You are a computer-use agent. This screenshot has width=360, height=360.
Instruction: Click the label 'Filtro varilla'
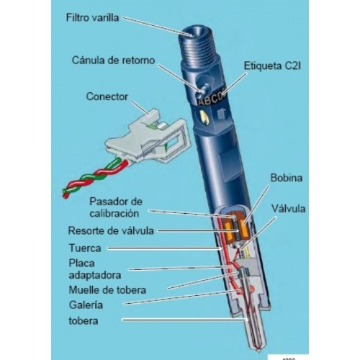coord(92,18)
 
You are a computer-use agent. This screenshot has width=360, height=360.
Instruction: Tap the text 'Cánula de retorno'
coord(113,60)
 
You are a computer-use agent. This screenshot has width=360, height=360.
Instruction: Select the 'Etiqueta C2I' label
coord(272,66)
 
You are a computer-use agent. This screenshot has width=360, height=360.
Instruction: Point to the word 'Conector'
coord(107,96)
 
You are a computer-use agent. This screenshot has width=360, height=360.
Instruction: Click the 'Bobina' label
coord(287,178)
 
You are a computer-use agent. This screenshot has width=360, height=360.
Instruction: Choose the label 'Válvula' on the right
coord(288,209)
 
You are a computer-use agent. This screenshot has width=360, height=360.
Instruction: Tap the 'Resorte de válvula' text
coord(111,230)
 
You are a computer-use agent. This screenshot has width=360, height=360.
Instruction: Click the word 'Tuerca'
coord(85,248)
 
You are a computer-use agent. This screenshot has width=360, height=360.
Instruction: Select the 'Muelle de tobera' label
coord(107,290)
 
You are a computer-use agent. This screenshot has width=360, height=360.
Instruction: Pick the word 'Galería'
coord(86,305)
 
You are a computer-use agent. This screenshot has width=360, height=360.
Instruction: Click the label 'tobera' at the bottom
coord(84,321)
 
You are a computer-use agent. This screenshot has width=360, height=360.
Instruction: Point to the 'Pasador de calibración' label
coord(116,207)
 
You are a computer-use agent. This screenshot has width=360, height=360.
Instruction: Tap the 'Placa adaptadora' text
coord(95,269)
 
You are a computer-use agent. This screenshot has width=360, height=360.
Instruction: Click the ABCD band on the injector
coord(211,99)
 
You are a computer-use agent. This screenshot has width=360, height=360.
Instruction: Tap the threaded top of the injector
coord(197,45)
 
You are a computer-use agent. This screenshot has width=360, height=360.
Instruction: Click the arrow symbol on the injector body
coord(221,113)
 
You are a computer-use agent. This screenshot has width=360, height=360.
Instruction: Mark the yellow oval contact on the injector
coord(204,117)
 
